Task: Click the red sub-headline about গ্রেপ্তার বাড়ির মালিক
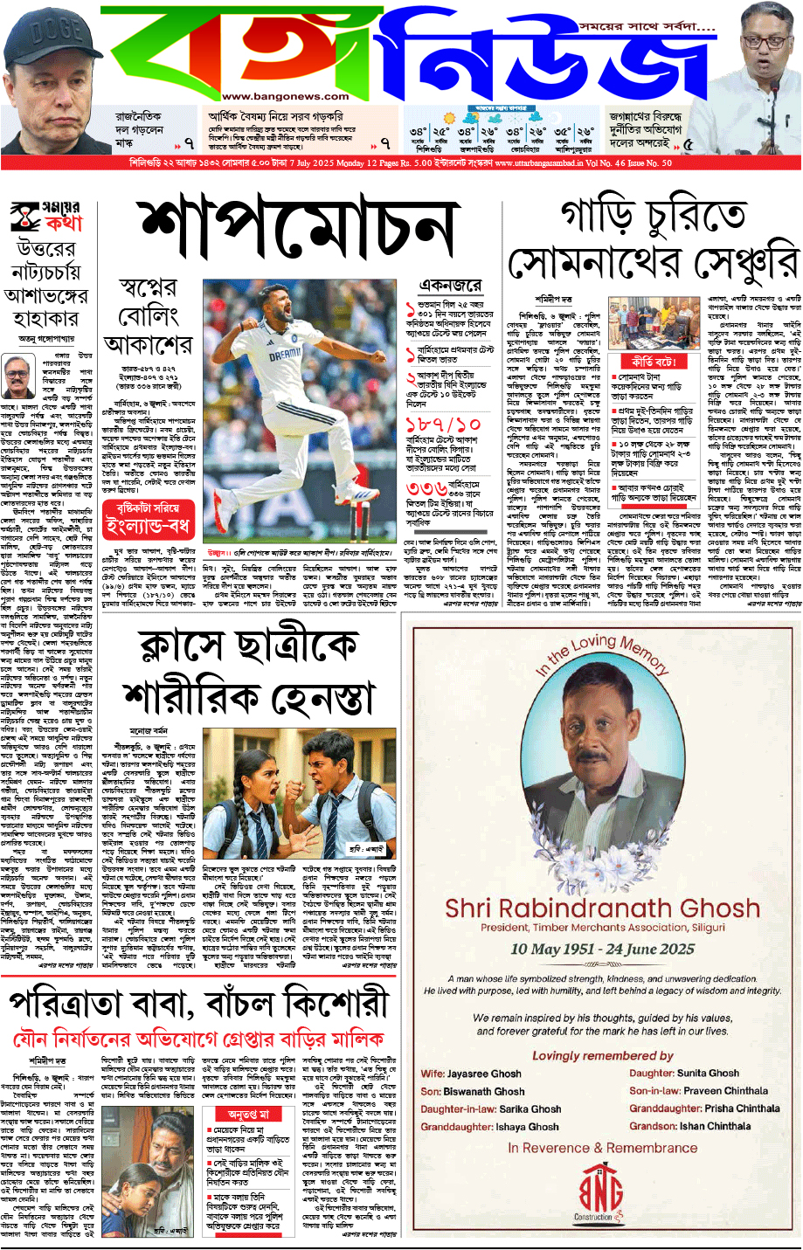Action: tap(198, 1039)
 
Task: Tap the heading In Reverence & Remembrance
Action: tap(602, 1148)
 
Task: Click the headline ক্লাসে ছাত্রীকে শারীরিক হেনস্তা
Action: tap(248, 673)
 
